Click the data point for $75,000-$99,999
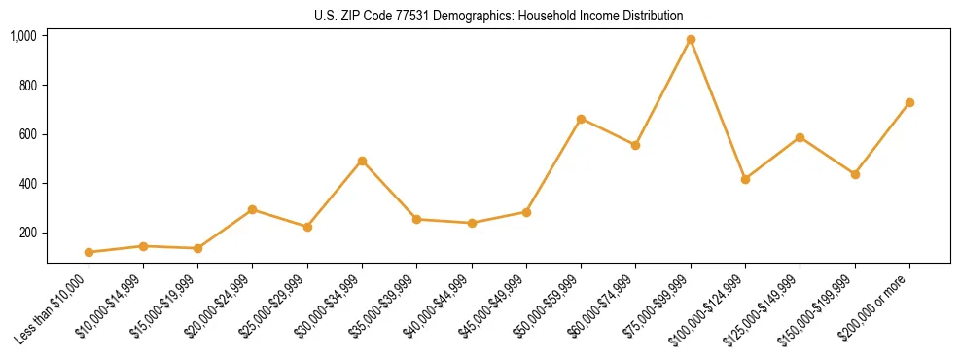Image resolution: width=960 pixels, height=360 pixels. pyautogui.click(x=691, y=40)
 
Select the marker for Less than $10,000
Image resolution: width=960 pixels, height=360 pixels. pyautogui.click(x=89, y=252)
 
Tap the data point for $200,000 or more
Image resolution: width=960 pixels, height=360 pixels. pyautogui.click(x=909, y=102)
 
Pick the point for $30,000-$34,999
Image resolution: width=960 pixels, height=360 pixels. pyautogui.click(x=362, y=161)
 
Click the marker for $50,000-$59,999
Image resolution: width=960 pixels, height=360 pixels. pyautogui.click(x=581, y=119)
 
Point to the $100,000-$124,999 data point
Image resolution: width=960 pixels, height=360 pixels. pyautogui.click(x=745, y=179)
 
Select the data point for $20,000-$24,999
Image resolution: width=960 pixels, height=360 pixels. pyautogui.click(x=253, y=209)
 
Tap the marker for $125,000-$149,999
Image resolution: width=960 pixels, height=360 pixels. pyautogui.click(x=800, y=137)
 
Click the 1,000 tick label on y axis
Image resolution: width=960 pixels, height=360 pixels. pyautogui.click(x=23, y=36)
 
